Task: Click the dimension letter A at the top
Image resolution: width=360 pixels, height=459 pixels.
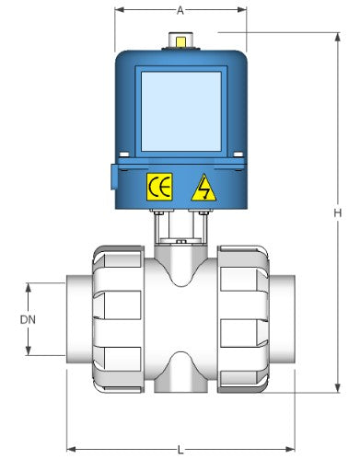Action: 180,11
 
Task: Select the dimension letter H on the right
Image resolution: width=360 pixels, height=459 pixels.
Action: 338,212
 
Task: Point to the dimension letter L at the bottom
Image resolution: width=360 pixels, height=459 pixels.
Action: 180,449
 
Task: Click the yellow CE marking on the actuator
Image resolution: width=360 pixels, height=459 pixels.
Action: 158,188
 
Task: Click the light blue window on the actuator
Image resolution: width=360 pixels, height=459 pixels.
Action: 180,109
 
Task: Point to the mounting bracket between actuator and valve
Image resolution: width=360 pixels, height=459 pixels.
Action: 180,227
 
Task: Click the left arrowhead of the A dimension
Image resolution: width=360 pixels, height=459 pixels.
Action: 118,12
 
